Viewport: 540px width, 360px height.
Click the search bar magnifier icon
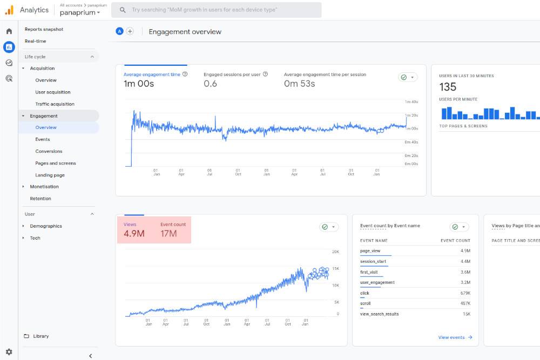[x=123, y=10]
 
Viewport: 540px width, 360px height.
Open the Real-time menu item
[x=35, y=41]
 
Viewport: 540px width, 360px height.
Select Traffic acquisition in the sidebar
[x=55, y=104]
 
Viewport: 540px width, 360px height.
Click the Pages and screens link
[x=56, y=163]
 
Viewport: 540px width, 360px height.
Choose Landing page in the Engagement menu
[x=50, y=175]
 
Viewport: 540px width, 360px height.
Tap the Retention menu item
[x=40, y=199]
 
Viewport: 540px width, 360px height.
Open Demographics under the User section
[x=46, y=226]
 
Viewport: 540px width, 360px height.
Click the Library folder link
[x=40, y=336]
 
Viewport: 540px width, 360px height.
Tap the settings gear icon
[x=9, y=352]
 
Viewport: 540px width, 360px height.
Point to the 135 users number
[x=448, y=87]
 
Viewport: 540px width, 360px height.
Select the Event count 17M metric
[x=168, y=234]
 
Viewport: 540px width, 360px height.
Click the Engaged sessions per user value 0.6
[x=210, y=84]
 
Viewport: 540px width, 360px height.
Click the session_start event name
[x=373, y=262]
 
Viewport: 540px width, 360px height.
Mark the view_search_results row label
[x=380, y=314]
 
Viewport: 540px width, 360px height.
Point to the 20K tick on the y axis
[x=335, y=252]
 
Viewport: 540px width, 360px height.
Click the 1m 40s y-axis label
[x=411, y=102]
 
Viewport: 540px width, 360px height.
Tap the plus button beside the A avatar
[x=130, y=31]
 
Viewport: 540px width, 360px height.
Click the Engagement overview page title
[x=185, y=32]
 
